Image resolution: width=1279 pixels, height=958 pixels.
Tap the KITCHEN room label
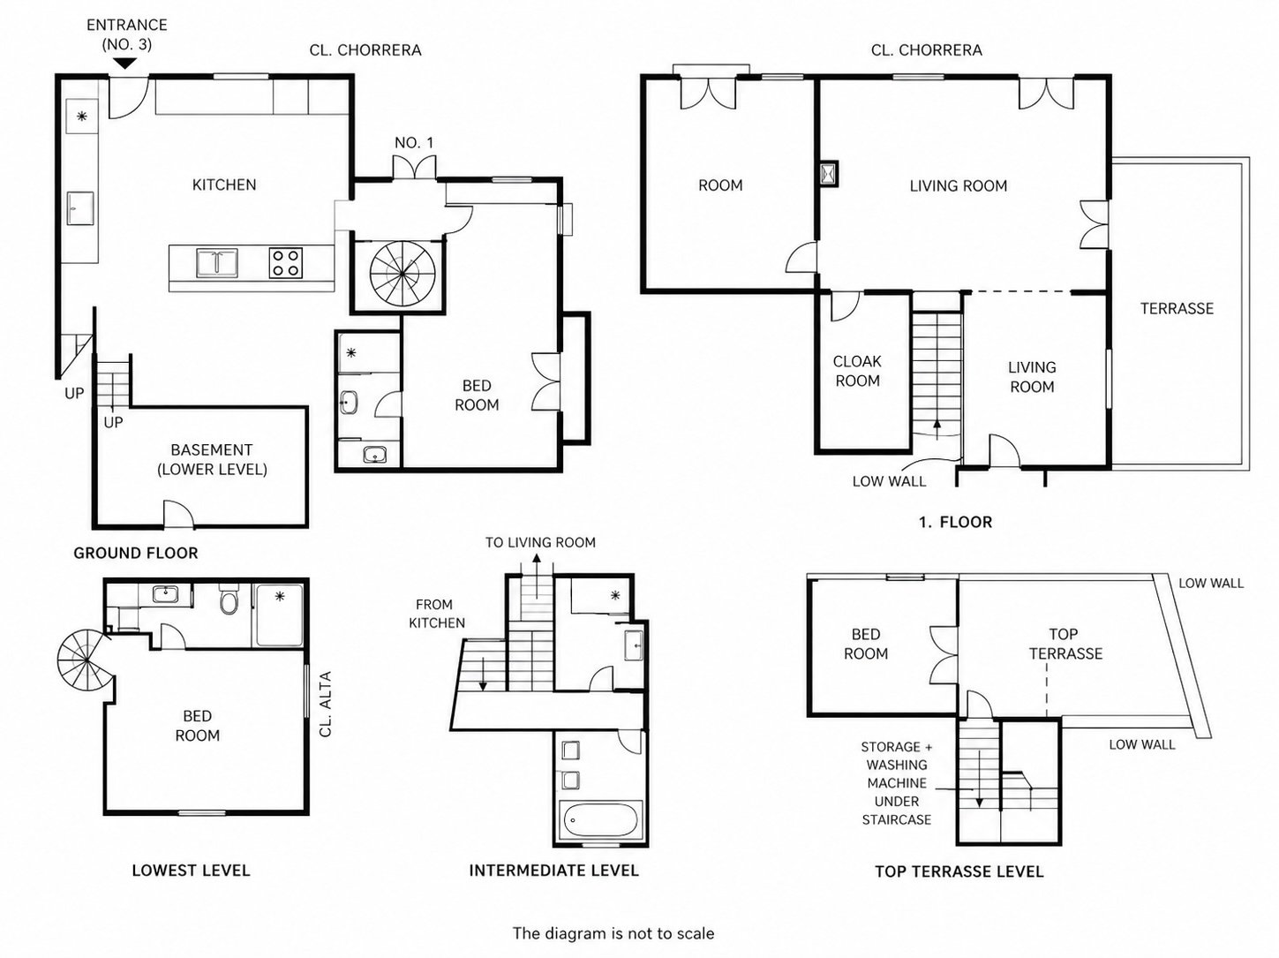224,185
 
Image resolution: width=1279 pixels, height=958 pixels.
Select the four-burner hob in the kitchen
286,263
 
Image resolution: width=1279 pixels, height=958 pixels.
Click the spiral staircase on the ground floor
402,274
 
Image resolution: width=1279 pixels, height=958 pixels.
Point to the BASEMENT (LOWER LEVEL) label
212,460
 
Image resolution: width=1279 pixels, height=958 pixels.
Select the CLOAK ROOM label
857,371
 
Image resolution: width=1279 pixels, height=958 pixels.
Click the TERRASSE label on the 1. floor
1177,309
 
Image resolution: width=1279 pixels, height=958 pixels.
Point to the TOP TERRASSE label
1065,644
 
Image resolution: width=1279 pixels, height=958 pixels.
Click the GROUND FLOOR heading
136,553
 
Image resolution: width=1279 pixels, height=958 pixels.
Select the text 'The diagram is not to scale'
613,933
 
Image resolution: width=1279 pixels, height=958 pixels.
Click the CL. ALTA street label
326,704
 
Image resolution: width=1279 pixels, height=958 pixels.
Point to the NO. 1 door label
414,143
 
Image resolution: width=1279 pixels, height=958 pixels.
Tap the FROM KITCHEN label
437,614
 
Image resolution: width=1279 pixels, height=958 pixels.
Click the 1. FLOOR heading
956,522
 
